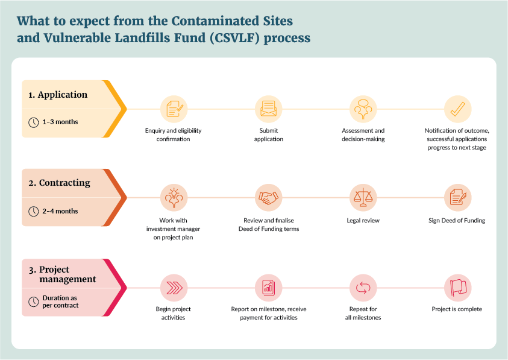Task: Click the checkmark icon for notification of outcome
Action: click(x=457, y=109)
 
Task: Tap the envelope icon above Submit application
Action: click(x=268, y=109)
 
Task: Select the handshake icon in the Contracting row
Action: click(x=268, y=198)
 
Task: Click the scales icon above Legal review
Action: click(x=363, y=198)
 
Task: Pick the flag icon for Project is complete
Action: click(x=457, y=287)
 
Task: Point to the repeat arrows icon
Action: click(x=363, y=287)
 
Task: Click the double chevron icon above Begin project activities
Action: click(x=174, y=287)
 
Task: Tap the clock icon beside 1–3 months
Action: click(x=34, y=122)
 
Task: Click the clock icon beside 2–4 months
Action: click(x=34, y=211)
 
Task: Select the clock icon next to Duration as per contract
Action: click(x=34, y=302)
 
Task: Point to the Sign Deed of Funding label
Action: click(x=457, y=221)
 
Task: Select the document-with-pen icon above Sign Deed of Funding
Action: click(x=457, y=198)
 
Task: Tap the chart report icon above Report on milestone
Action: click(x=268, y=287)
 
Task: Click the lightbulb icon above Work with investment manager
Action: click(x=174, y=198)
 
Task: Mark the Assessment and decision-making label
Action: click(x=363, y=135)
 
